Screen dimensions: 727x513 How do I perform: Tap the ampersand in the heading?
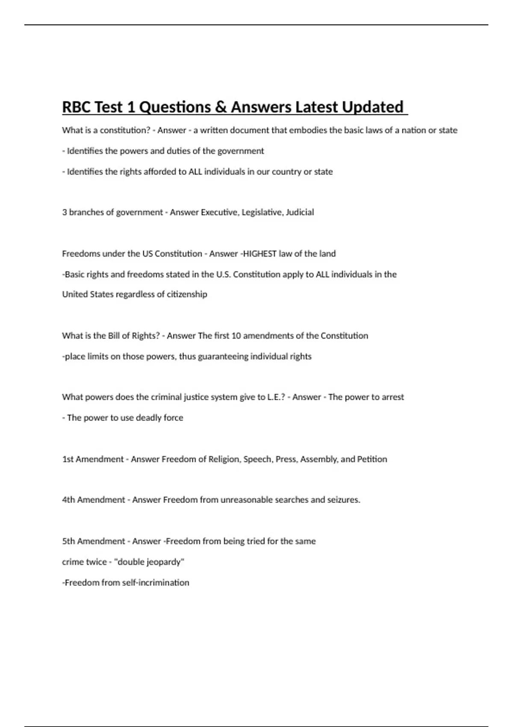221,107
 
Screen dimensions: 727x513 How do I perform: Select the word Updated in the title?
372,107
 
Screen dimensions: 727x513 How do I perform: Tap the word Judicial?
300,212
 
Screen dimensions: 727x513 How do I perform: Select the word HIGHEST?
259,254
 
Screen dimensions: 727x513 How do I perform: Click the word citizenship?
187,294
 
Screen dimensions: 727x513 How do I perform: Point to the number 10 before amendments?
236,336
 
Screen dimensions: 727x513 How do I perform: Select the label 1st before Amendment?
68,459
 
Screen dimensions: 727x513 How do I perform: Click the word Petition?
372,459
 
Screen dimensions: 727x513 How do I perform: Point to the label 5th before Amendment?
68,541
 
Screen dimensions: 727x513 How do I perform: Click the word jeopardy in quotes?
165,562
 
